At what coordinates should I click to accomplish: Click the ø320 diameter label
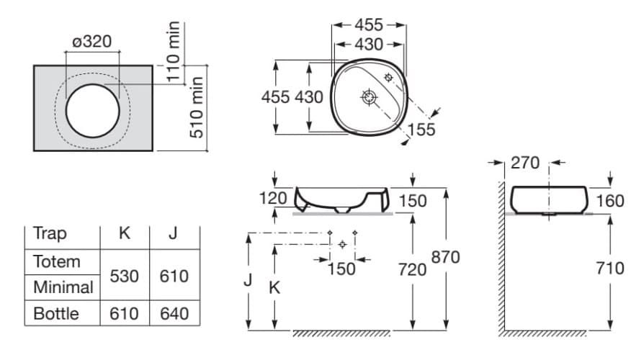pyautogui.click(x=92, y=42)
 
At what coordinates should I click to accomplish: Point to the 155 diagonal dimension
pyautogui.click(x=421, y=129)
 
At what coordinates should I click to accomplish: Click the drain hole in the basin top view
pyautogui.click(x=370, y=96)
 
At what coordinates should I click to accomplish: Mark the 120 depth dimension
pyautogui.click(x=273, y=198)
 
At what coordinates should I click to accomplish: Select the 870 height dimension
pyautogui.click(x=446, y=257)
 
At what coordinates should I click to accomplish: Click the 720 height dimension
pyautogui.click(x=412, y=269)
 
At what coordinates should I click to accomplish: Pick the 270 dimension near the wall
pyautogui.click(x=525, y=163)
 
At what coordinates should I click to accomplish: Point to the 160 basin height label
pyautogui.click(x=610, y=200)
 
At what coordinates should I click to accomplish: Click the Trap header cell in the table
pyautogui.click(x=50, y=234)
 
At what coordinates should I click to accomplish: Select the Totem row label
pyautogui.click(x=57, y=261)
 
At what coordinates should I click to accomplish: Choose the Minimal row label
pyautogui.click(x=63, y=287)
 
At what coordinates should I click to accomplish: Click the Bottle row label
pyautogui.click(x=56, y=313)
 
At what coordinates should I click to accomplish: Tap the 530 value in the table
pyautogui.click(x=125, y=276)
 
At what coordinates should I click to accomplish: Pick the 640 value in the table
pyautogui.click(x=174, y=313)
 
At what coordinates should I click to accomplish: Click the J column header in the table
pyautogui.click(x=174, y=234)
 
